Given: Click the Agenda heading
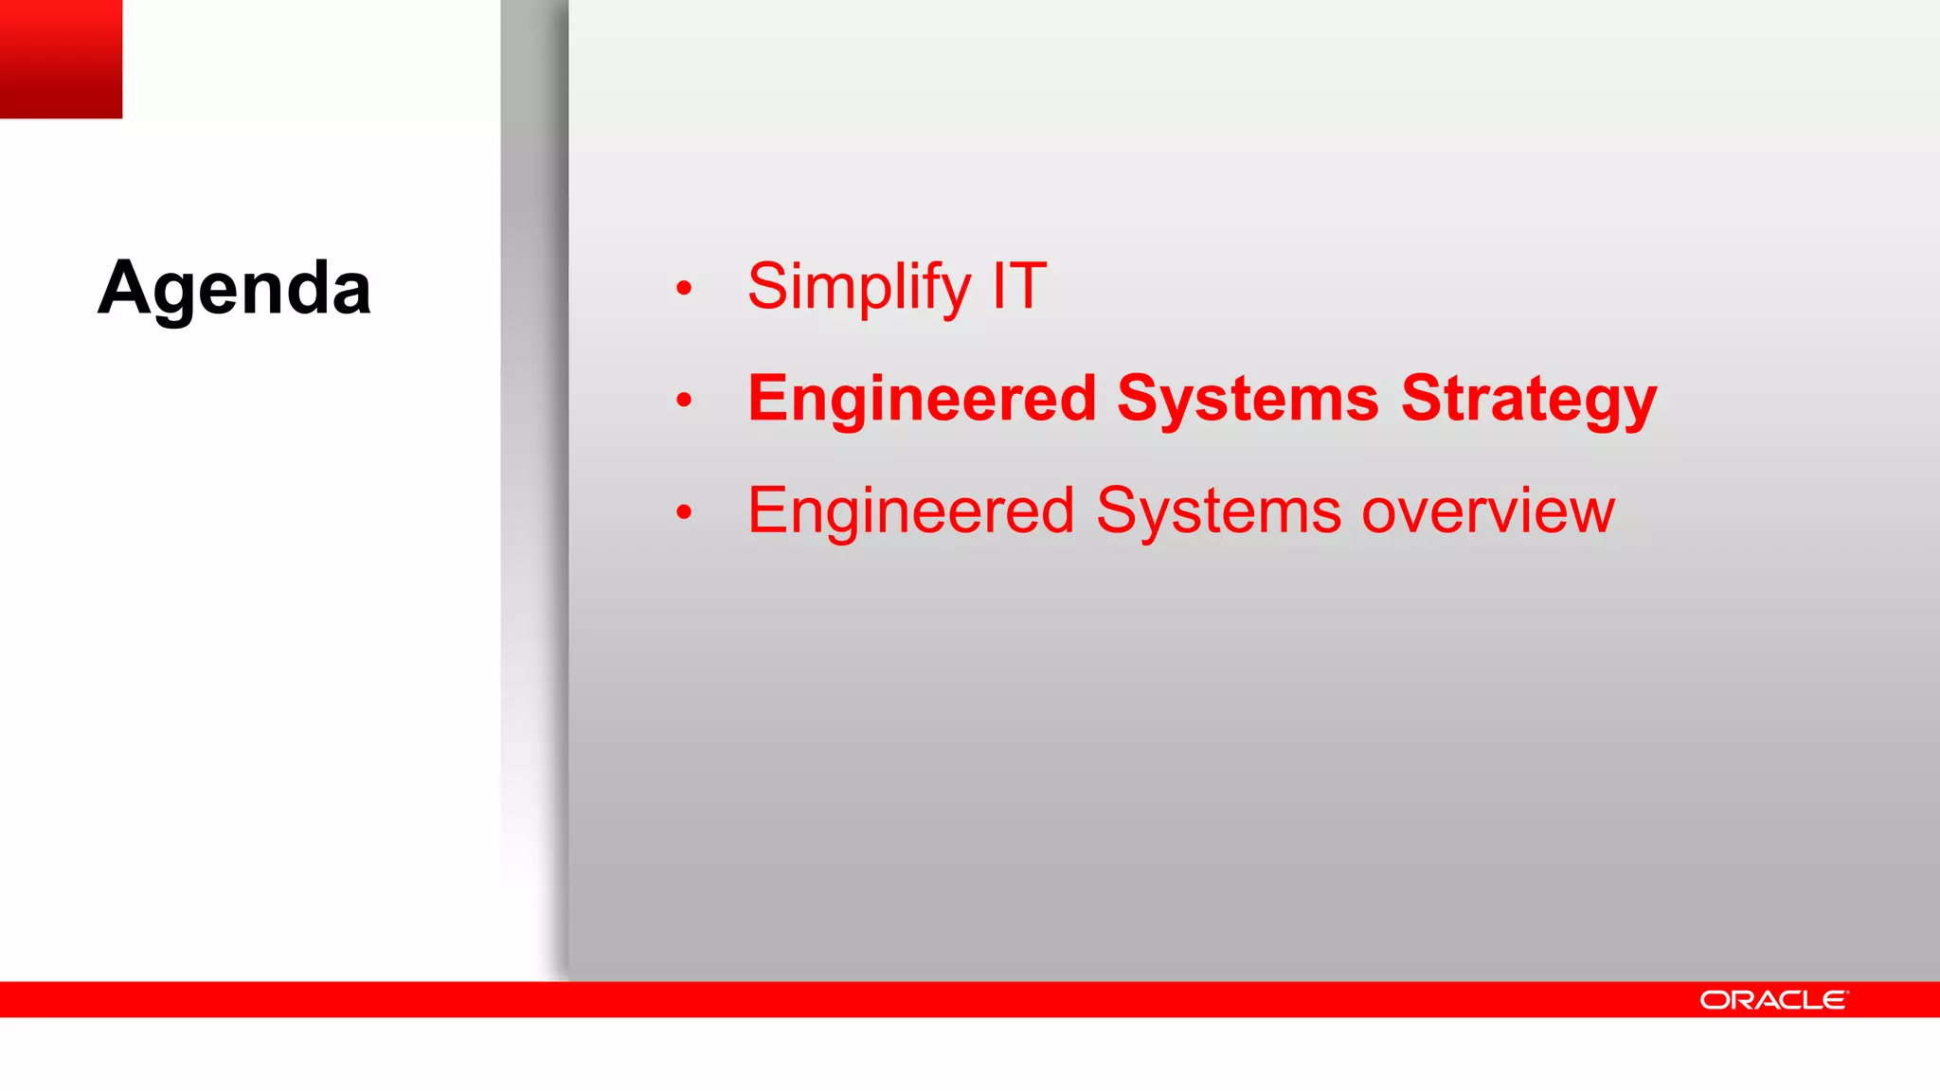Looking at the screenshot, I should pos(234,288).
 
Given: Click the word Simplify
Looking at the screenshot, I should pos(858,286).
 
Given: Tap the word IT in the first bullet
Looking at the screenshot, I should pos(1019,286).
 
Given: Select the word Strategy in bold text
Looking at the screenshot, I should pos(1529,399).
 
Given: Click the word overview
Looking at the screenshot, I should pos(1487,511).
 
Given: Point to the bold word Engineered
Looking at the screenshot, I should pos(922,399).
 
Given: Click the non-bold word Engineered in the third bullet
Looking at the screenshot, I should pos(910,511).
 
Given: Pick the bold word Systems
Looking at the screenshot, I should pos(1248,399).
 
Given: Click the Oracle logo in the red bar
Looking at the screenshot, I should pos(1773,1000).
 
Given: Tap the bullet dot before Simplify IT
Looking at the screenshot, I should pos(684,288).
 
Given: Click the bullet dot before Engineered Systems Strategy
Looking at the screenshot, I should pos(684,401).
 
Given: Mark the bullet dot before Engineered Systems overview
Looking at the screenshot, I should pos(684,513).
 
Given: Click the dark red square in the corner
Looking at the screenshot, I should pos(61,59).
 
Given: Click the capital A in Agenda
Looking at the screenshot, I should pos(125,288).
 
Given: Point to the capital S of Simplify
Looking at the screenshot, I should pos(769,286).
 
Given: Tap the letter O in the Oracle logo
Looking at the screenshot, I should pos(1713,1000).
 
